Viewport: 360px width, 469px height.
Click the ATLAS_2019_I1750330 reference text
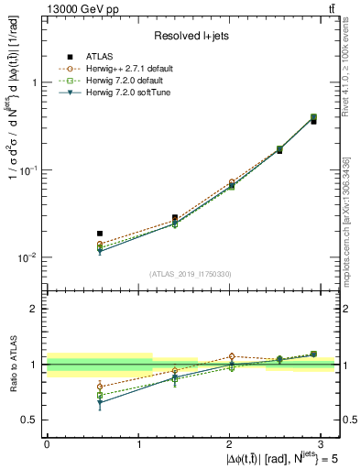coord(191,273)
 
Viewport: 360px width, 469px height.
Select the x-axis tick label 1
coord(136,443)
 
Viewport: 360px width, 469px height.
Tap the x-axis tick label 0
coord(46,443)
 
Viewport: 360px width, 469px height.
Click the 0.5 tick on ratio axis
coord(29,420)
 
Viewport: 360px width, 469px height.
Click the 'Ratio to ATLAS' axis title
coord(12,365)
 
